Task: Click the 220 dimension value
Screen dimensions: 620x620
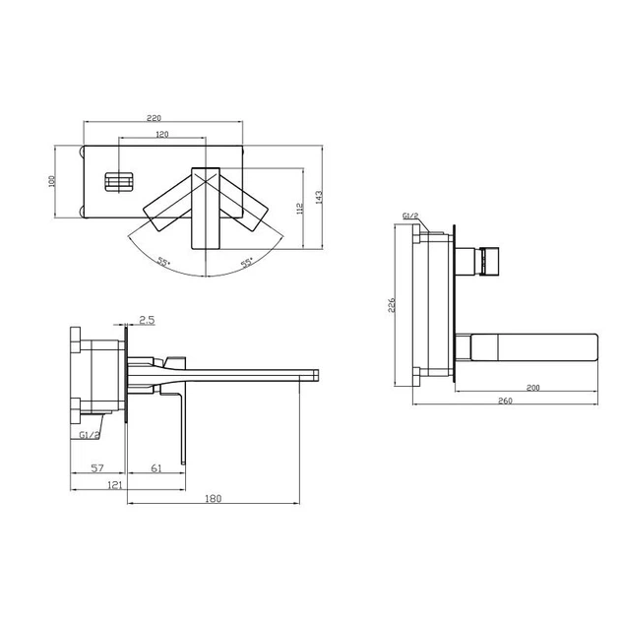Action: (155, 118)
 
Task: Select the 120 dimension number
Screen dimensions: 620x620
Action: (162, 134)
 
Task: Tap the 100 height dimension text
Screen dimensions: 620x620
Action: (52, 181)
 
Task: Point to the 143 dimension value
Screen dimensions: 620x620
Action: (319, 197)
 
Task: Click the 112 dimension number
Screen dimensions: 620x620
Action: (299, 209)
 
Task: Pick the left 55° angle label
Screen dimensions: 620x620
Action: (163, 262)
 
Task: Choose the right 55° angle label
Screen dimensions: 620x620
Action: (247, 262)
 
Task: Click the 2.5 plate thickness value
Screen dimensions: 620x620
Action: (147, 320)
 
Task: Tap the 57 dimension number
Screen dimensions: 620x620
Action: (97, 468)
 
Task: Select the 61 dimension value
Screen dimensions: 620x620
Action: (156, 468)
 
